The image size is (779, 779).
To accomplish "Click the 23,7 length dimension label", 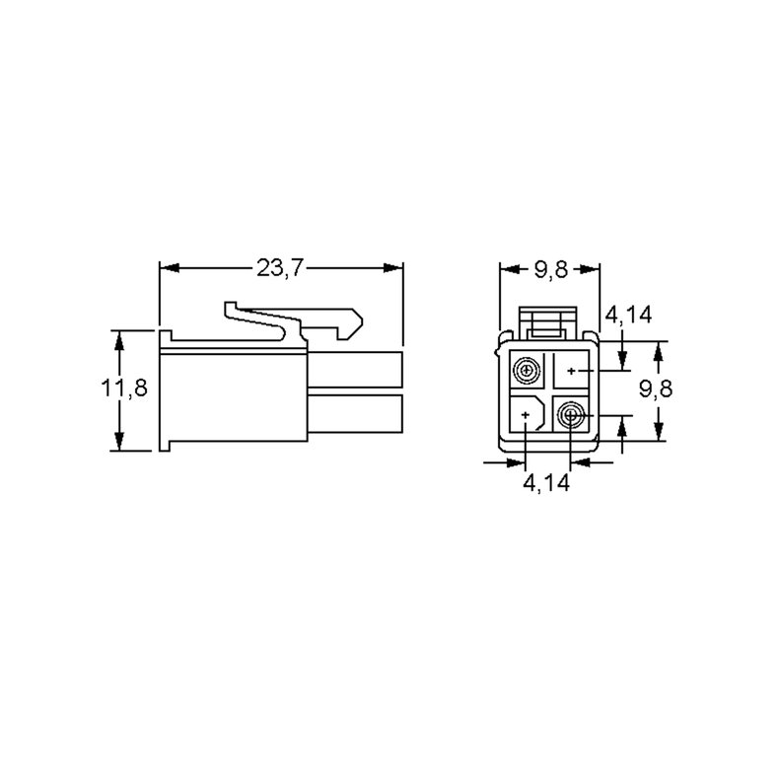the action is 279,268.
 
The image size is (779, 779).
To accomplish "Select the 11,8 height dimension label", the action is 124,388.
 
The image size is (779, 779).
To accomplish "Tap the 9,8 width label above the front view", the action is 550,270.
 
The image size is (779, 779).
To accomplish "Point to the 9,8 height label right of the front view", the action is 656,389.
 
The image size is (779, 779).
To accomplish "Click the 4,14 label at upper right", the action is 628,315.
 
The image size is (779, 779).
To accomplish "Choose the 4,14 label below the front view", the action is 546,482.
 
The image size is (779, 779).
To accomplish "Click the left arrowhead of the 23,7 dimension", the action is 169,268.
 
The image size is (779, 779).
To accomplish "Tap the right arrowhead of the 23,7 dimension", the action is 393,268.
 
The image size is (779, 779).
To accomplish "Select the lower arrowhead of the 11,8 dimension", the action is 119,441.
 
